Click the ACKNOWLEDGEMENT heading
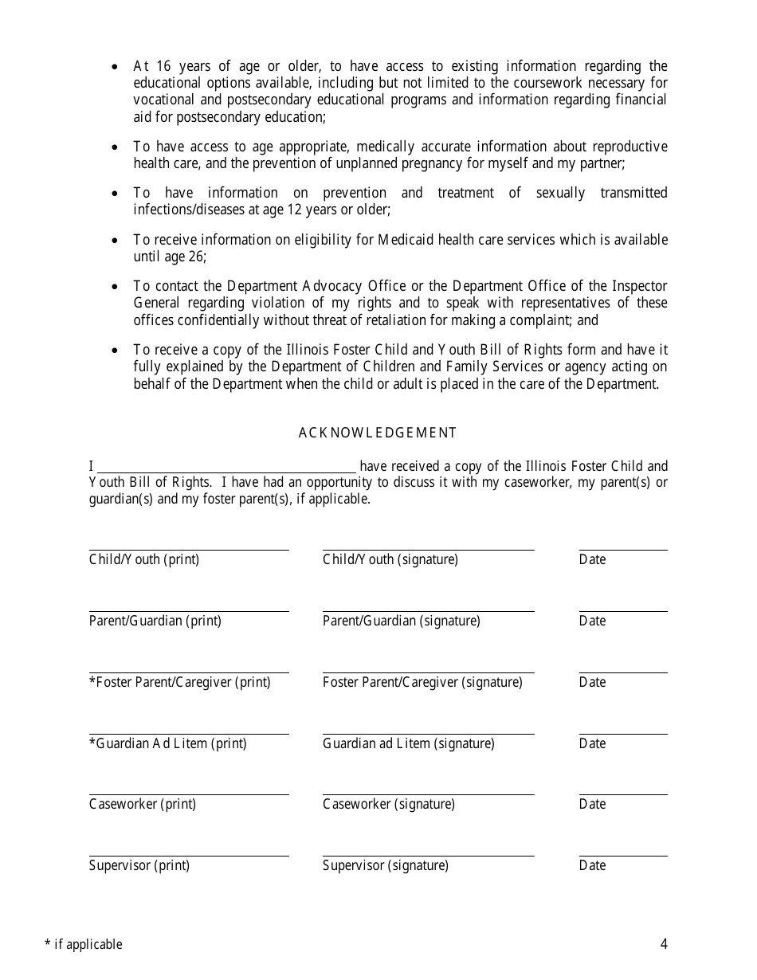tap(378, 433)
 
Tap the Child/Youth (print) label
tap(144, 559)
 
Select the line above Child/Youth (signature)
tap(428, 550)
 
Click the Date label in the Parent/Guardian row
tap(592, 621)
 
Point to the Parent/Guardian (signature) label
tap(401, 621)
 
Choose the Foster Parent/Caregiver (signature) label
tap(422, 682)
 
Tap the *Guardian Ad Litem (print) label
tap(168, 743)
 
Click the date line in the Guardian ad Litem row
tap(623, 734)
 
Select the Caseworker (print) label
tap(143, 804)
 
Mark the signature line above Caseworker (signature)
tap(428, 794)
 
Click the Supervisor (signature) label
tap(385, 865)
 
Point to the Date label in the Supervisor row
tap(592, 865)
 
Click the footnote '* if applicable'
tap(84, 945)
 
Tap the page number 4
tap(664, 945)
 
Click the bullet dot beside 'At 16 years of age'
tap(116, 67)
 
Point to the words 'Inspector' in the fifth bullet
tap(638, 286)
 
